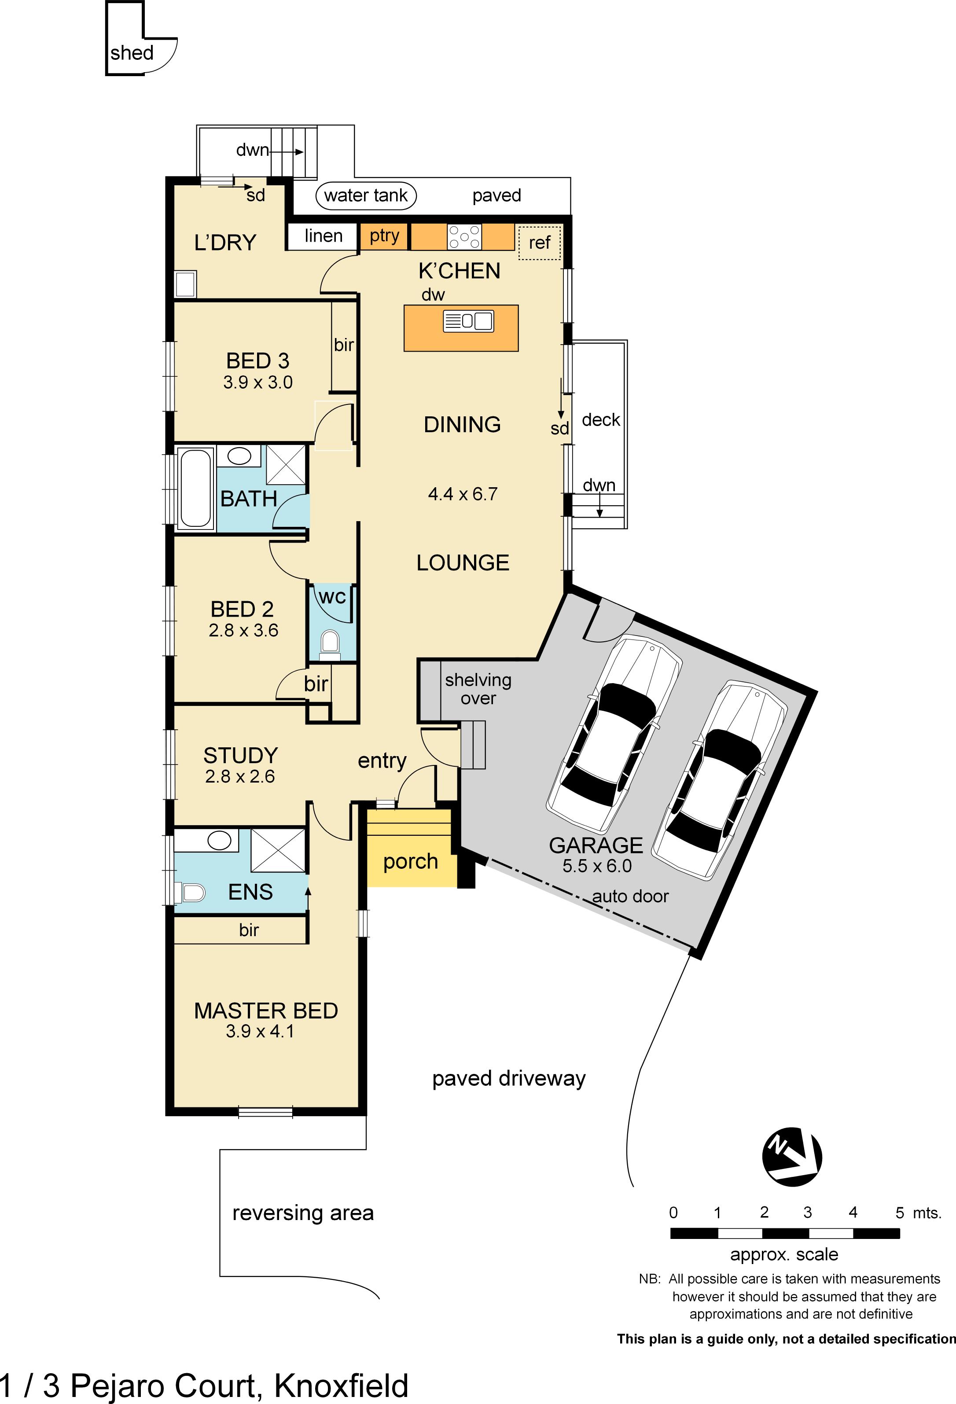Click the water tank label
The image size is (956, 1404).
point(366,196)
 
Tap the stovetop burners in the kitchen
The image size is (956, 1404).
point(464,237)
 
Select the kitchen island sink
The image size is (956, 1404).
point(469,321)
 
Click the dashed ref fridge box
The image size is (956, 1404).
point(540,242)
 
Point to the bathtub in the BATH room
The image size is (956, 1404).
point(195,488)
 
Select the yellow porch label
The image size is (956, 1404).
point(410,861)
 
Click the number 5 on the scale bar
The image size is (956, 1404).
point(899,1213)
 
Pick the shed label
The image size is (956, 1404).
point(132,53)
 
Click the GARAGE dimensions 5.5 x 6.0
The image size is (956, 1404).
point(596,866)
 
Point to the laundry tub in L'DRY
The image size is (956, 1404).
point(185,284)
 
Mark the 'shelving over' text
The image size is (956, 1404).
point(478,689)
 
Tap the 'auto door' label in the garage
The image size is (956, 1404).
point(630,896)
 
